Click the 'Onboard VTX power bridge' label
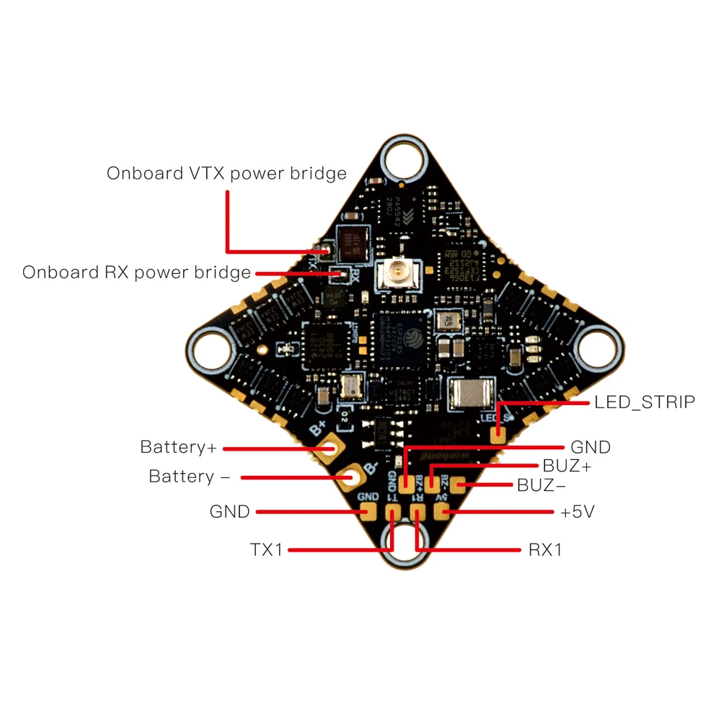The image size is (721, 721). tap(226, 174)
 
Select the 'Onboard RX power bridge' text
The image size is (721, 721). tap(136, 273)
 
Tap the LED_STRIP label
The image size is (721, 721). tap(645, 402)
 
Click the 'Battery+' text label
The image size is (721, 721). tap(178, 447)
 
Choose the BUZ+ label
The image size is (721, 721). tap(567, 466)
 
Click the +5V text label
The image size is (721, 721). tap(578, 512)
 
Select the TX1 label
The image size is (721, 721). tap(267, 550)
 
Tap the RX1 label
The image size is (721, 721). tap(545, 550)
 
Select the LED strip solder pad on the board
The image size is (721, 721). tap(497, 435)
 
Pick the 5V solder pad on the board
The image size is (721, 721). tap(445, 513)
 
